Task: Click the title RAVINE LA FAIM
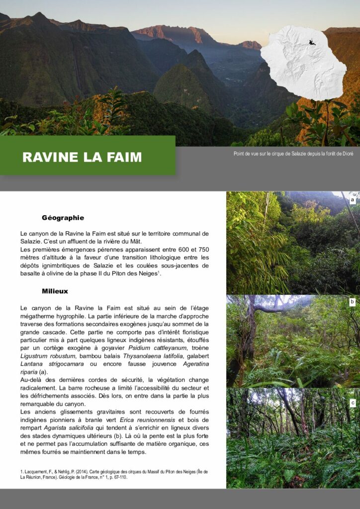pyautogui.click(x=82, y=158)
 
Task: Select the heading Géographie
pyautogui.click(x=63, y=218)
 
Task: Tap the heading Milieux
pyautogui.click(x=55, y=291)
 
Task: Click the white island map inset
pyautogui.click(x=303, y=62)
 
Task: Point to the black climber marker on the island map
pyautogui.click(x=312, y=42)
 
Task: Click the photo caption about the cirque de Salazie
pyautogui.click(x=293, y=154)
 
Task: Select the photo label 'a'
pyautogui.click(x=352, y=200)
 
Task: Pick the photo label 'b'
pyautogui.click(x=352, y=302)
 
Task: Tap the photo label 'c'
pyautogui.click(x=352, y=403)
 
